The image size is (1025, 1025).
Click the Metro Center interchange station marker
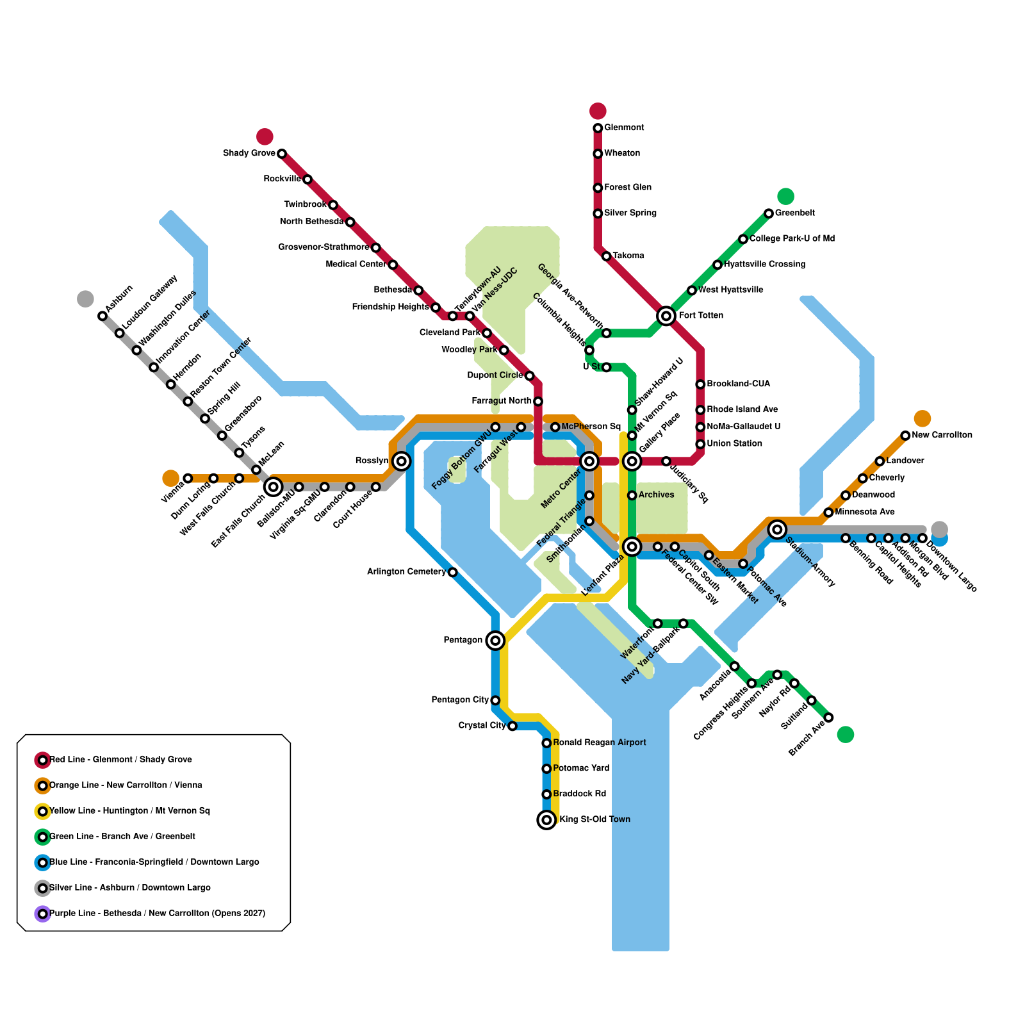tap(589, 461)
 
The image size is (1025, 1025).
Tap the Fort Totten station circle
tap(666, 315)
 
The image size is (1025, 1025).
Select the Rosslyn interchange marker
tap(402, 461)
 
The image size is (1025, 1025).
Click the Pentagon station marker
tap(495, 640)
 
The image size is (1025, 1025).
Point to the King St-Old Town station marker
tap(546, 820)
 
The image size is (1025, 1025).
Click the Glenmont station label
tap(624, 128)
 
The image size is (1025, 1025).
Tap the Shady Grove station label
tap(249, 154)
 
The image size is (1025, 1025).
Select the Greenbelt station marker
tap(769, 213)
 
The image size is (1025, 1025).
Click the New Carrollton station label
tap(942, 436)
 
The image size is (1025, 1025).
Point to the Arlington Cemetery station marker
tap(452, 572)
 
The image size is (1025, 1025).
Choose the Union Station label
tap(734, 444)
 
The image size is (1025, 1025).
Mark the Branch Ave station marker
tap(828, 717)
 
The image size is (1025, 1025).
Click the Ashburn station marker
tap(102, 316)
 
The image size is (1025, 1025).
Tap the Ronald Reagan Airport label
tap(599, 743)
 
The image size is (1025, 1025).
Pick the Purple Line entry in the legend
tap(157, 914)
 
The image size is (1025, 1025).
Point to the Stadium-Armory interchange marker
tap(777, 529)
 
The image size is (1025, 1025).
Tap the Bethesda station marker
tap(418, 290)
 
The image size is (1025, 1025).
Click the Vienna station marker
tap(188, 479)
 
